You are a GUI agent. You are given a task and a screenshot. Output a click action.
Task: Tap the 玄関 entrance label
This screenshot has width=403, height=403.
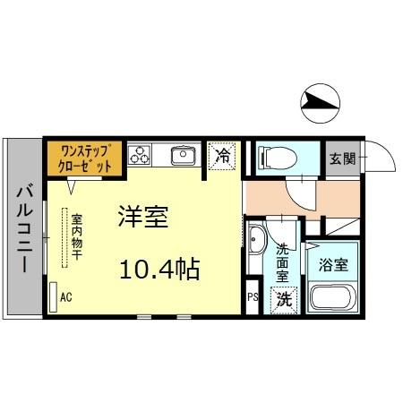tap(342, 159)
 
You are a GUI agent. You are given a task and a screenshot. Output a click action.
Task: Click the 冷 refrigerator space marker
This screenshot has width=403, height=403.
tap(224, 156)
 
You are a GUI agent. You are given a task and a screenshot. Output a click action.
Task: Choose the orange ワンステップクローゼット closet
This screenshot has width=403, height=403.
tap(81, 159)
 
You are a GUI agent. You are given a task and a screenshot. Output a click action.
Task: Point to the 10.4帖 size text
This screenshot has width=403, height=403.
tap(161, 268)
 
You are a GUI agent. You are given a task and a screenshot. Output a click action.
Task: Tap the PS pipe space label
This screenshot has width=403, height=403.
tap(253, 296)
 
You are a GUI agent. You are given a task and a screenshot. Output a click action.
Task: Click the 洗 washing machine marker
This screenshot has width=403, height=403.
tap(283, 298)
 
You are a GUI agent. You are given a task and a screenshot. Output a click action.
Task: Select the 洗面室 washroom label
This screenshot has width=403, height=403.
tap(284, 262)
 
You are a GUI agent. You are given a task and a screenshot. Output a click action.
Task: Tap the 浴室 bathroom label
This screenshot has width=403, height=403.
tap(333, 266)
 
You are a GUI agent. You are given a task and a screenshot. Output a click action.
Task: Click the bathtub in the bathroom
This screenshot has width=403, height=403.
tap(332, 297)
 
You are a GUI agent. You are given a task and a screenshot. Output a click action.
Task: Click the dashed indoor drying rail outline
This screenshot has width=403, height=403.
tap(64, 237)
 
